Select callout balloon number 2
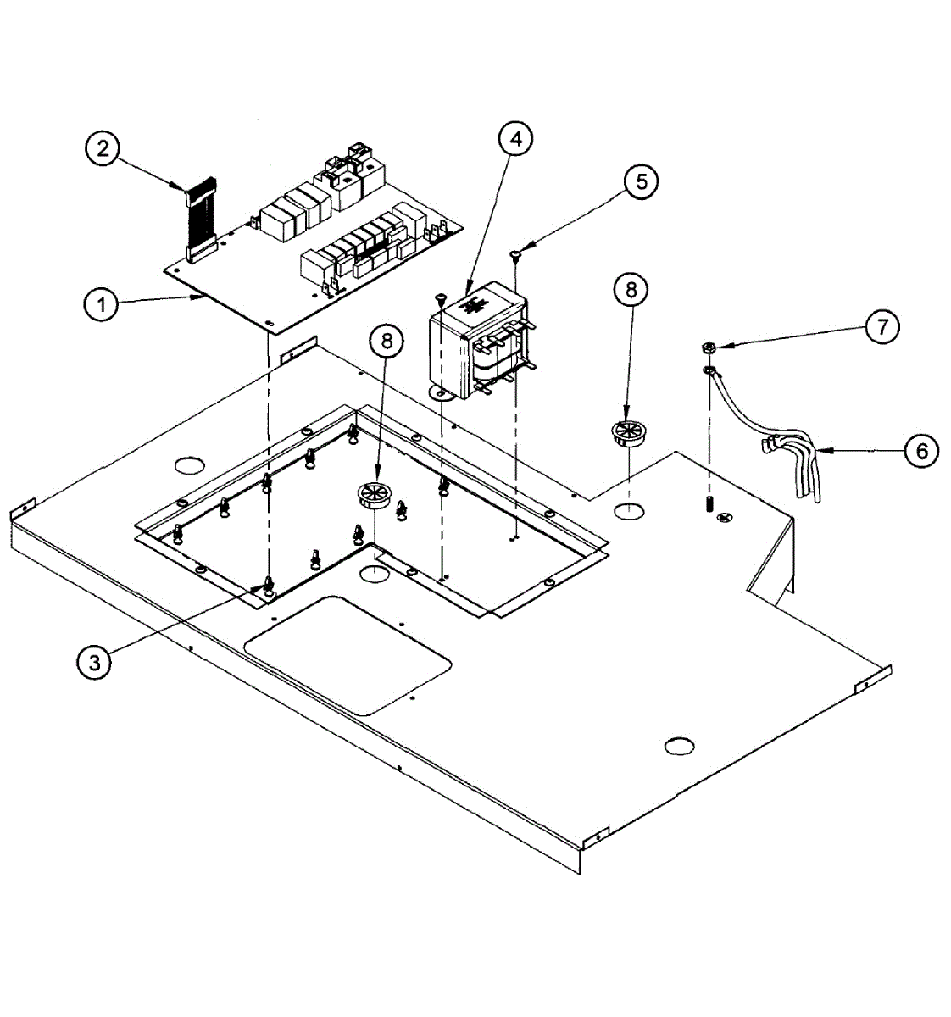coord(103,150)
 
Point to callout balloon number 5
coord(642,181)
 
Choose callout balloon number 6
coord(922,451)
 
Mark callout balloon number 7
coord(881,326)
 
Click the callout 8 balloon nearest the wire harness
coord(631,290)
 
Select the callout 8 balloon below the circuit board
coord(387,341)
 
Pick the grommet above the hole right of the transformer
coord(628,432)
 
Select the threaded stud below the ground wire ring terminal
coord(706,507)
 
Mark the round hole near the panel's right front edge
coord(680,746)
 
